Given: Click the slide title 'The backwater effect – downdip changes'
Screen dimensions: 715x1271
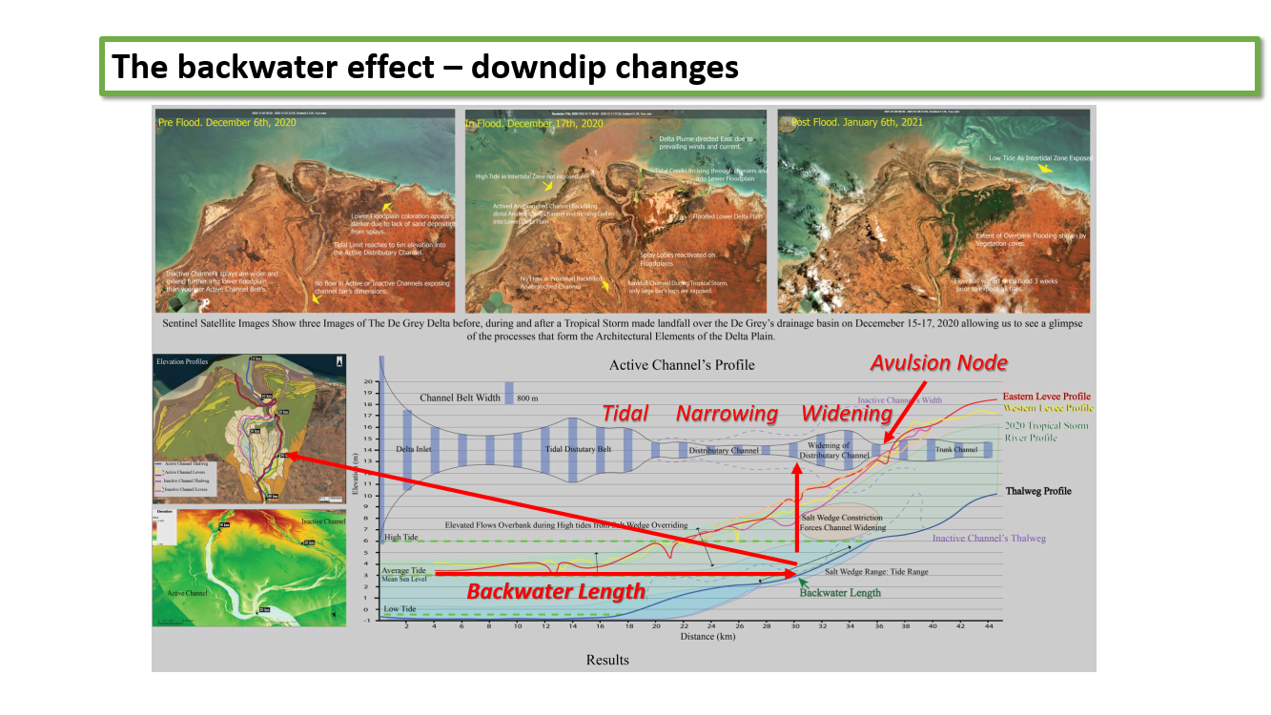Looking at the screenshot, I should click(425, 68).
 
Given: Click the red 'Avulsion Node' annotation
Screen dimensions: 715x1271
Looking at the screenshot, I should click(938, 363).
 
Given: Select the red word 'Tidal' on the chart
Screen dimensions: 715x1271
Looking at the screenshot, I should click(625, 413).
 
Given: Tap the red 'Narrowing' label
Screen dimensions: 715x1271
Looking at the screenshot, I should click(727, 414).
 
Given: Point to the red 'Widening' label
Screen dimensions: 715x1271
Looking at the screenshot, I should click(847, 414).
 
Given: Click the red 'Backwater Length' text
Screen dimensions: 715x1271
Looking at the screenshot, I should click(556, 591).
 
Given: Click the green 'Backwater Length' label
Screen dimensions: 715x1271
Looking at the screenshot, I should click(840, 592).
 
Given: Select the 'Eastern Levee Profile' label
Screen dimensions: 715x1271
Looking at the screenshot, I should click(1046, 397).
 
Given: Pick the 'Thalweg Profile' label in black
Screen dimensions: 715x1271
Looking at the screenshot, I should click(1038, 491).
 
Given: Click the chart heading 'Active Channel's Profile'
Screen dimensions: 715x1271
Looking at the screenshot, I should click(682, 365).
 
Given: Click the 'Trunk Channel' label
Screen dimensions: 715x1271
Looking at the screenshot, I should click(956, 450).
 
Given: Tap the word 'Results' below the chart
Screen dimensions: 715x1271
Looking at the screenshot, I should click(607, 660).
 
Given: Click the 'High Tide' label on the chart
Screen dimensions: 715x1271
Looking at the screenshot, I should click(400, 538).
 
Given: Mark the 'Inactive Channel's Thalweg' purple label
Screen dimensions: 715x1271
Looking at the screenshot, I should click(989, 539).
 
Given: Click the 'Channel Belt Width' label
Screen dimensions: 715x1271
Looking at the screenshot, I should click(460, 398).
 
